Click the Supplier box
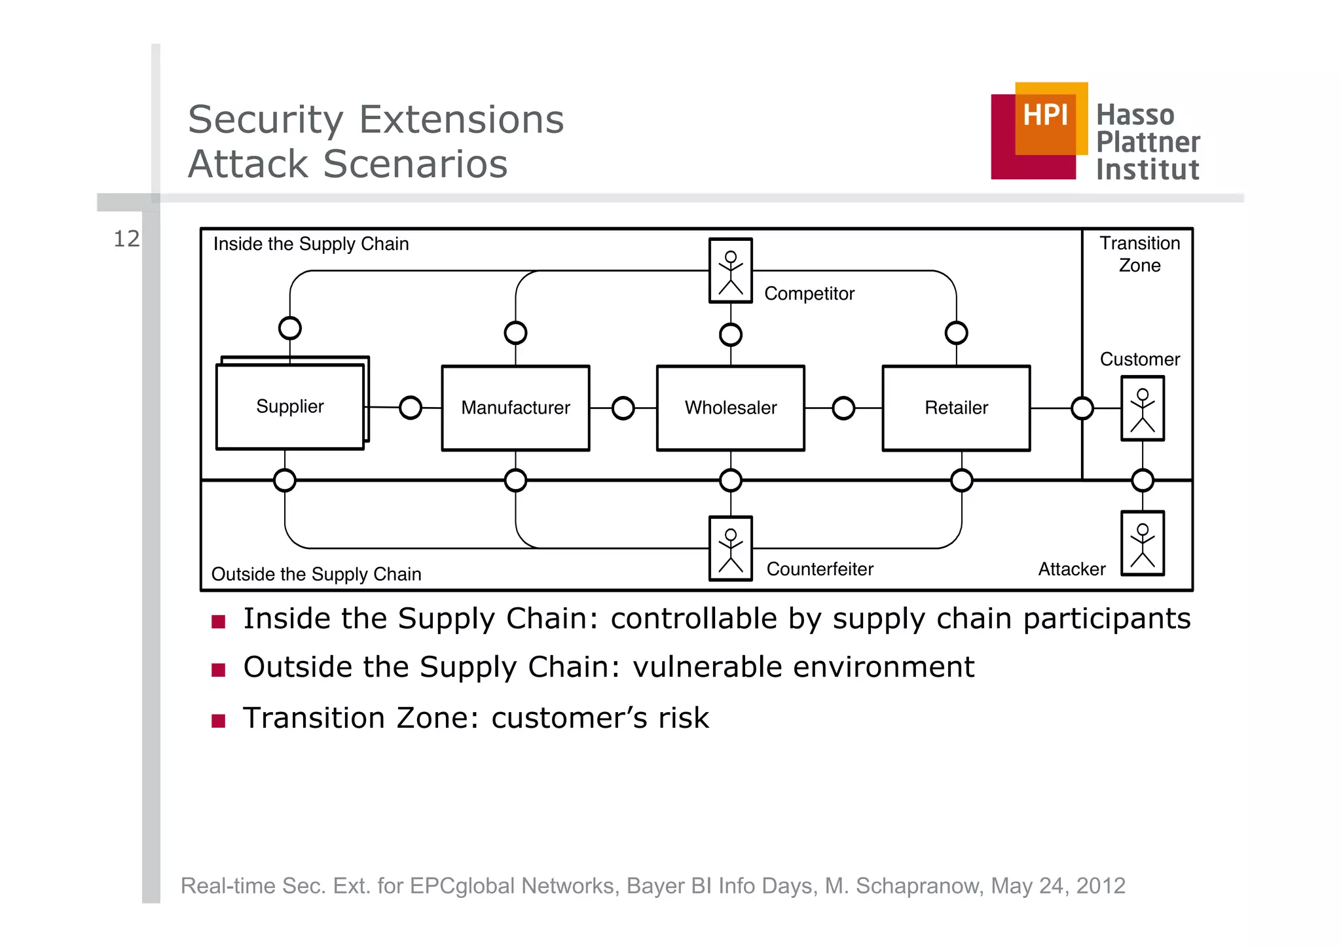[x=289, y=406]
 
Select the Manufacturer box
[x=515, y=408]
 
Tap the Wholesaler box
[x=730, y=408]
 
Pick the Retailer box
[x=956, y=408]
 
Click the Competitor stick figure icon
[x=730, y=271]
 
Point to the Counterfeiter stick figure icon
[x=730, y=548]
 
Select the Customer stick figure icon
[x=1142, y=408]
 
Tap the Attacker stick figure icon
[x=1142, y=543]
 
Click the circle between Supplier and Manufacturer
[x=411, y=407]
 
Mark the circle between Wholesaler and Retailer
[x=843, y=408]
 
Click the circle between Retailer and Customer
[x=1082, y=408]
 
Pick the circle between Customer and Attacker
[x=1143, y=480]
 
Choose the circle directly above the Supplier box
[x=289, y=328]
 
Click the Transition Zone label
[x=1139, y=254]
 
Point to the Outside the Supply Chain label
[x=316, y=574]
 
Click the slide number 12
[x=126, y=239]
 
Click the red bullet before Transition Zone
[x=219, y=721]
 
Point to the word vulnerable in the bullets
[x=708, y=667]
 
